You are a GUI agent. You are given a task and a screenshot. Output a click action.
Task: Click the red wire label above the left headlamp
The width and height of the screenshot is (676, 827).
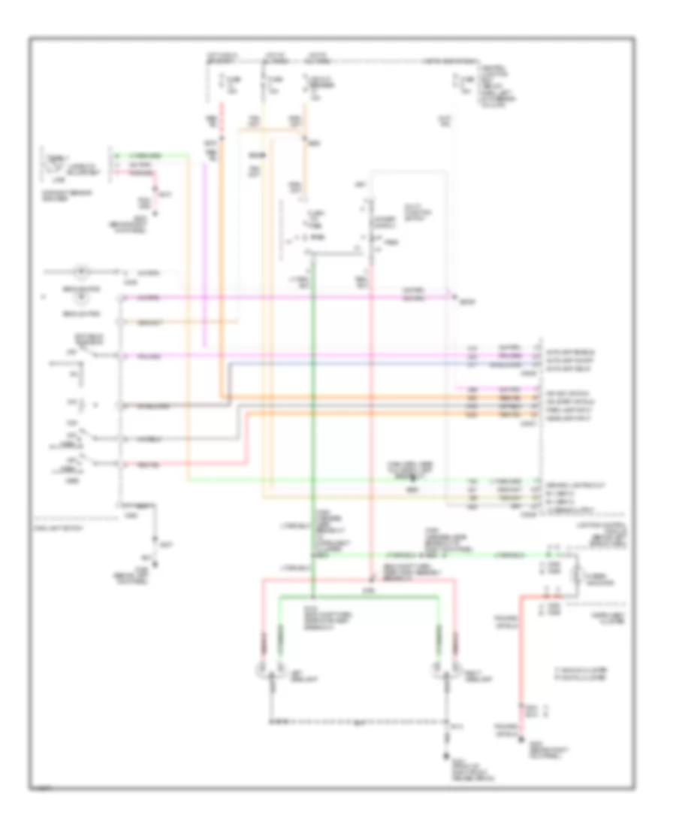click(x=264, y=643)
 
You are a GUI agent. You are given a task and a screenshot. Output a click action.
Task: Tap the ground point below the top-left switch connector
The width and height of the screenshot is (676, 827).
click(x=156, y=213)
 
